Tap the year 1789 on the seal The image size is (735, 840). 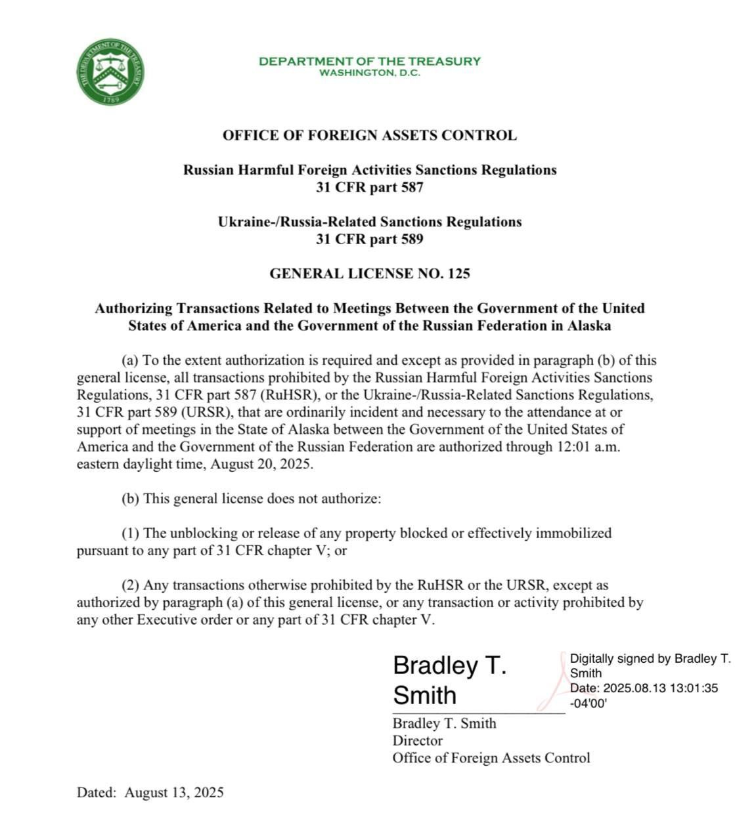tap(111, 99)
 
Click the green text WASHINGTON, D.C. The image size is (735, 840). tap(369, 73)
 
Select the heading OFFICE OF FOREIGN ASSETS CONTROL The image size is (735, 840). tap(369, 136)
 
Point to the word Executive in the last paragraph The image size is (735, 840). tap(165, 619)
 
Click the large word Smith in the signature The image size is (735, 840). tap(424, 694)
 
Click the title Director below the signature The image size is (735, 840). tap(418, 740)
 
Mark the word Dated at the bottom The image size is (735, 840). tap(95, 792)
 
